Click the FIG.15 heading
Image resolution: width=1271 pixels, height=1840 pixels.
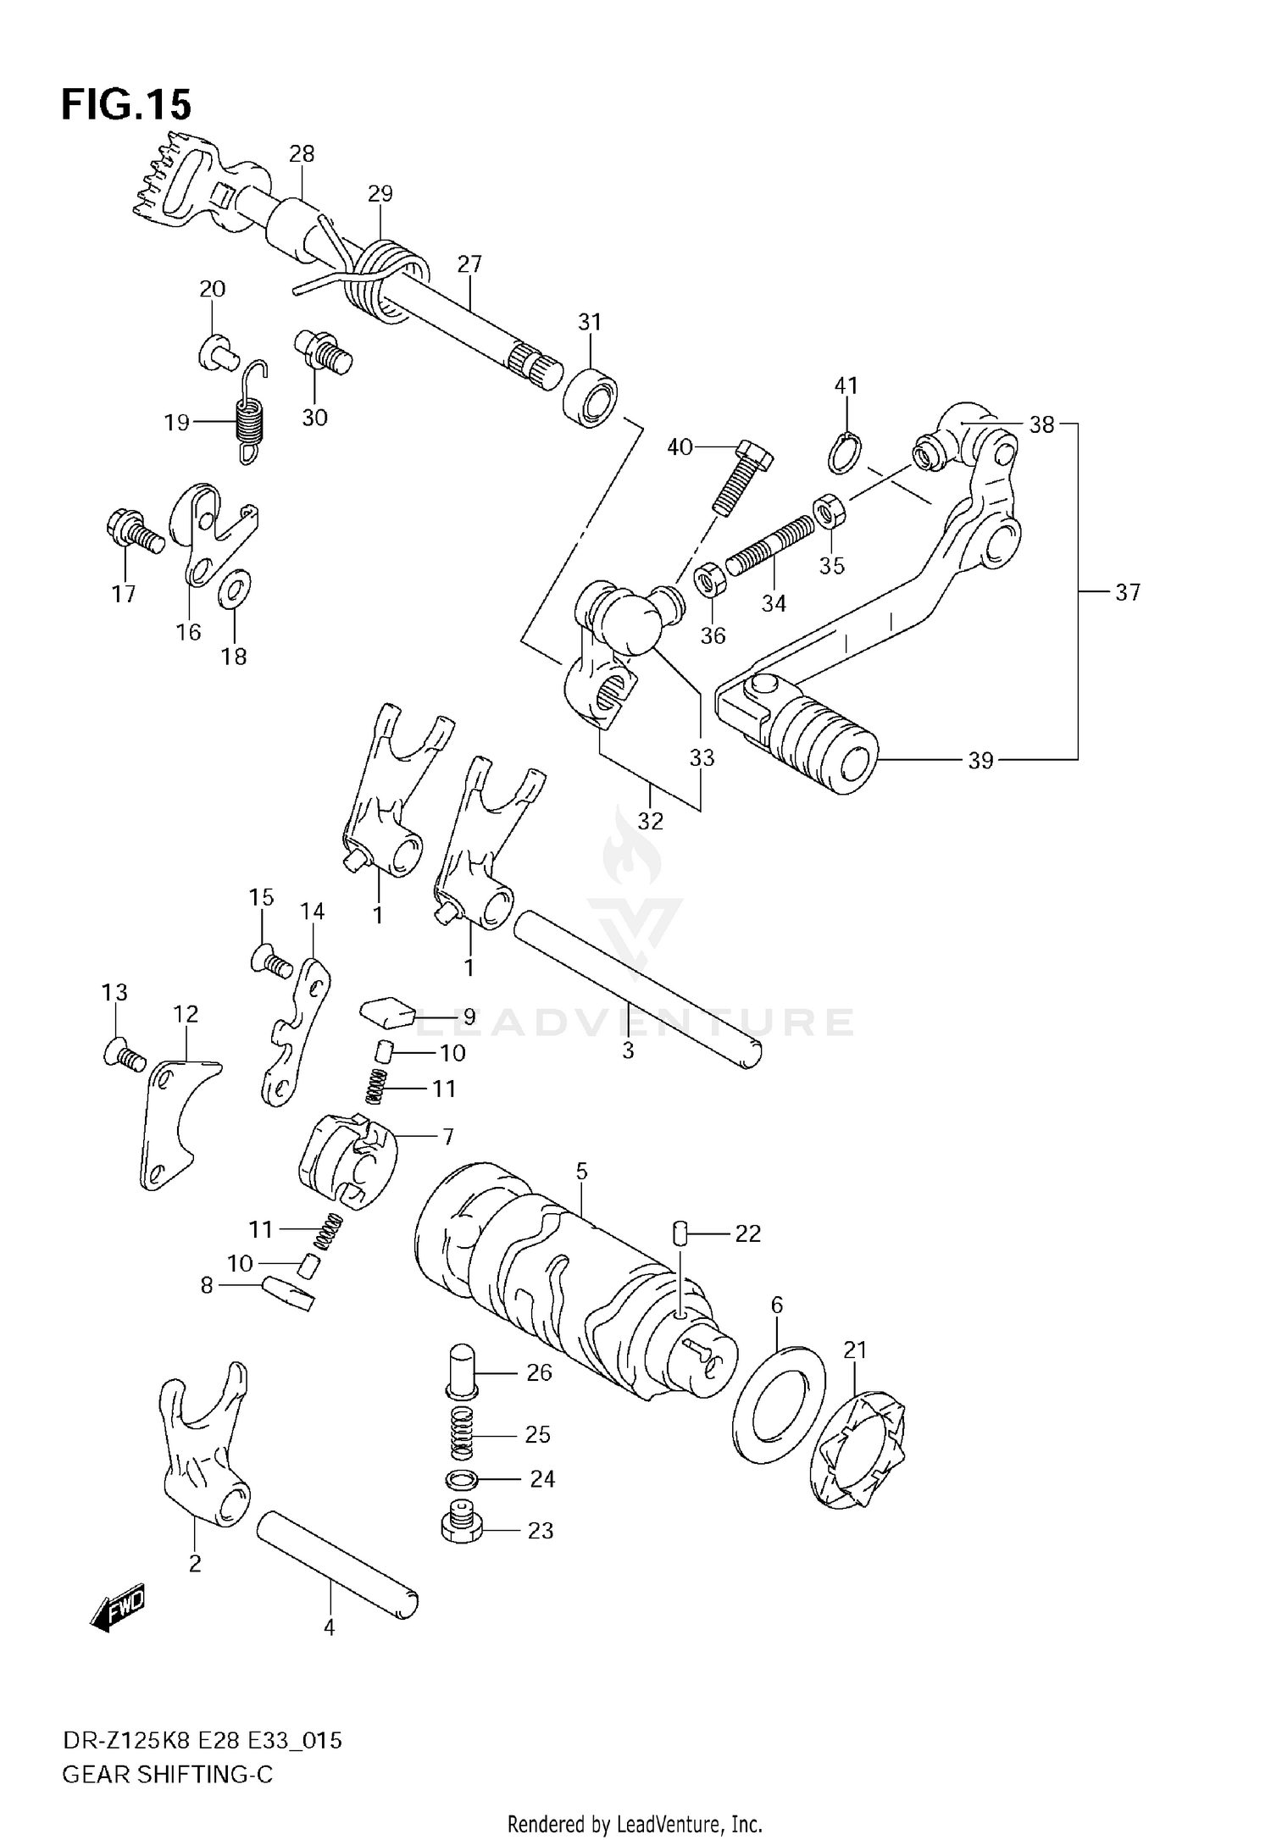[x=127, y=104]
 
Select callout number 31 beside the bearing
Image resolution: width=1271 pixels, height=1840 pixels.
[x=590, y=322]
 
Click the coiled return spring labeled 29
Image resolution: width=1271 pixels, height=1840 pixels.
[x=386, y=280]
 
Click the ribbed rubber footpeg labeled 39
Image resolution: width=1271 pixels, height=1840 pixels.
[x=826, y=747]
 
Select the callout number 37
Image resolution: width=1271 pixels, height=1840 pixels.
[x=1127, y=592]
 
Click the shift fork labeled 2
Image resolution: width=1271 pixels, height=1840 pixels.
[x=203, y=1440]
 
